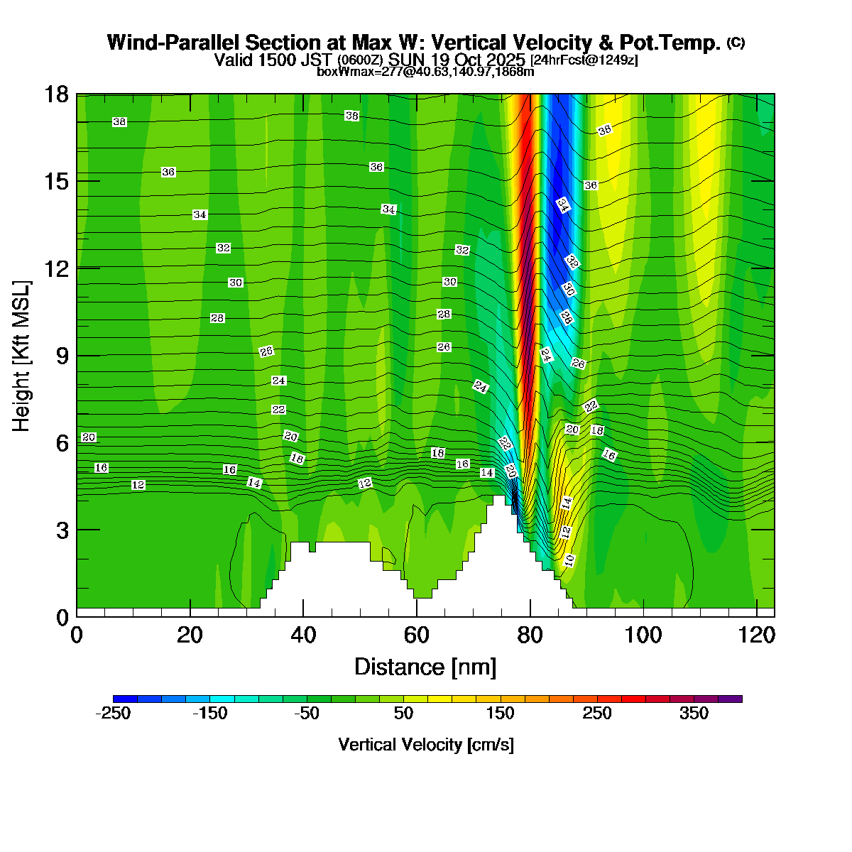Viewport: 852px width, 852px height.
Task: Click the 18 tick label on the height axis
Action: pyautogui.click(x=58, y=94)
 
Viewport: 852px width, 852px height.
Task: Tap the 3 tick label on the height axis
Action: pyautogui.click(x=63, y=530)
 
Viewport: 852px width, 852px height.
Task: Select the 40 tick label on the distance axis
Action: pyautogui.click(x=303, y=634)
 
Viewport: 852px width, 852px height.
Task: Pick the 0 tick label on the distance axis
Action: pyautogui.click(x=77, y=634)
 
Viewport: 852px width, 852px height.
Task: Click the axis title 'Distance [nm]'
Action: pyautogui.click(x=425, y=667)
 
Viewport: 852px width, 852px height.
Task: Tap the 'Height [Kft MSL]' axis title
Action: pyautogui.click(x=22, y=356)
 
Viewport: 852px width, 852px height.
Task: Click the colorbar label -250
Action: pyautogui.click(x=113, y=714)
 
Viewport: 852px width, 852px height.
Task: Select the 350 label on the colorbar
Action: pyautogui.click(x=694, y=714)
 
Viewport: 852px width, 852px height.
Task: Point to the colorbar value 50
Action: pyautogui.click(x=403, y=714)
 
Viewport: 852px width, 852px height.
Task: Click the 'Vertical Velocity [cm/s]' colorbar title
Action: pyautogui.click(x=426, y=745)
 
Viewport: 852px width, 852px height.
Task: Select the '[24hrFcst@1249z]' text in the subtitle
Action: pyautogui.click(x=584, y=60)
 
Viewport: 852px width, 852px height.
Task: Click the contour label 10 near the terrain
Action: pyautogui.click(x=569, y=560)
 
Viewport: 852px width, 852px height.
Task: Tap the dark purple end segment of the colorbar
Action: pyautogui.click(x=730, y=699)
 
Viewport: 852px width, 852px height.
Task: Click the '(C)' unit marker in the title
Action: pyautogui.click(x=736, y=43)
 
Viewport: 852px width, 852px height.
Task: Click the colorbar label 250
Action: pyautogui.click(x=597, y=714)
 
